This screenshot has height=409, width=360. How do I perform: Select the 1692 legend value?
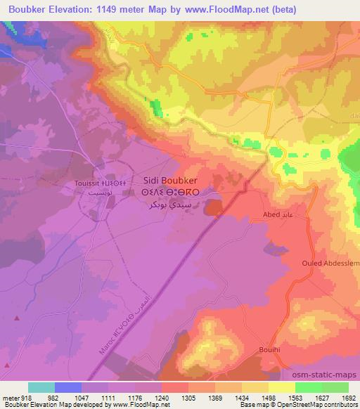pos(348,397)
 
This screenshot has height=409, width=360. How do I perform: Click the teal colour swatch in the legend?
pos(41,387)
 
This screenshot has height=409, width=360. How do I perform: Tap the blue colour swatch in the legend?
pos(68,387)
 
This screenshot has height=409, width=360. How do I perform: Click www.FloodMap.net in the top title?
pos(217,9)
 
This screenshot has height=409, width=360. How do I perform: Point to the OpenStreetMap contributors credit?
pos(323,405)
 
